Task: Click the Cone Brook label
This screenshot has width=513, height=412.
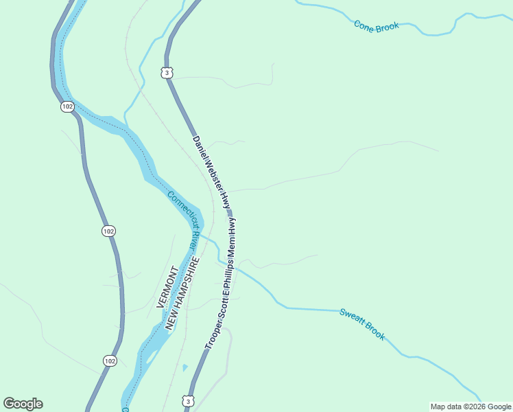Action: tap(377, 26)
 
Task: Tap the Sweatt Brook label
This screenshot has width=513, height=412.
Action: tap(362, 323)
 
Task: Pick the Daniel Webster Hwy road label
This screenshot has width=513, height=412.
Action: tap(211, 172)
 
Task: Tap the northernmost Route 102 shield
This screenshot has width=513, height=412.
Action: tap(67, 106)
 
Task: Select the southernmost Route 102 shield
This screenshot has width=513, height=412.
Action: tap(110, 360)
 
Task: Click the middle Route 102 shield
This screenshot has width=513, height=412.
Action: tap(108, 231)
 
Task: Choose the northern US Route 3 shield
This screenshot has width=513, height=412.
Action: tap(167, 72)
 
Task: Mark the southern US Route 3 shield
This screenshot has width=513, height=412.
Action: tap(188, 400)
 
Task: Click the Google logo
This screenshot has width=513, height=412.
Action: tap(23, 404)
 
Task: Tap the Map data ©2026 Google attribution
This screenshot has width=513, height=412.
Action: tap(470, 407)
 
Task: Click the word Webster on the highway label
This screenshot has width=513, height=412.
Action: tap(213, 175)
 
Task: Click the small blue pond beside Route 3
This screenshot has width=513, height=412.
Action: tap(184, 367)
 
